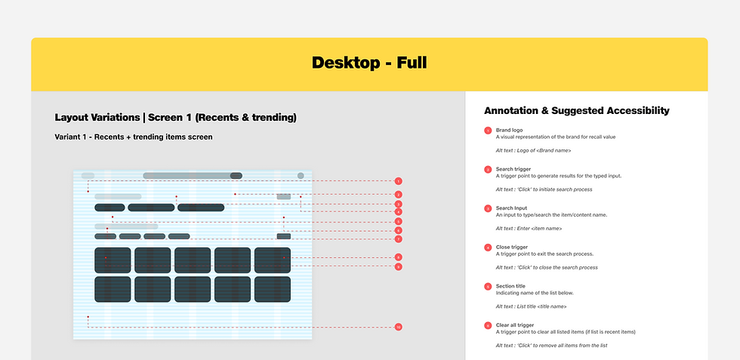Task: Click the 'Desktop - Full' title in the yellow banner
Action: point(369,63)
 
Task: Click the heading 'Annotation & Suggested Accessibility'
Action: point(577,110)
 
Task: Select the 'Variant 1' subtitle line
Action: point(134,137)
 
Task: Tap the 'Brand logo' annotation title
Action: point(509,131)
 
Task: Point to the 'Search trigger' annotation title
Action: point(513,169)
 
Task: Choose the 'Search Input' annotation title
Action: point(511,208)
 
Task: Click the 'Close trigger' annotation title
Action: point(512,247)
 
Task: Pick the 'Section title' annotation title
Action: point(510,286)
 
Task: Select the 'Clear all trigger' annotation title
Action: point(515,325)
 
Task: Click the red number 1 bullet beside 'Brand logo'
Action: point(488,131)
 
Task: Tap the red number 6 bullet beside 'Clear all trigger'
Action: point(488,325)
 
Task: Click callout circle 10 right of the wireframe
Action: point(398,327)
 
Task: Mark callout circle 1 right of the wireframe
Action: point(398,181)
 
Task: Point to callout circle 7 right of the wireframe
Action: point(398,239)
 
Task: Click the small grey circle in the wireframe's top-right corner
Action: point(301,176)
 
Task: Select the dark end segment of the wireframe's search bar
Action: point(236,176)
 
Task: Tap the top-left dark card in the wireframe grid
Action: point(113,260)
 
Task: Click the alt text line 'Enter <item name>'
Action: point(529,228)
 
